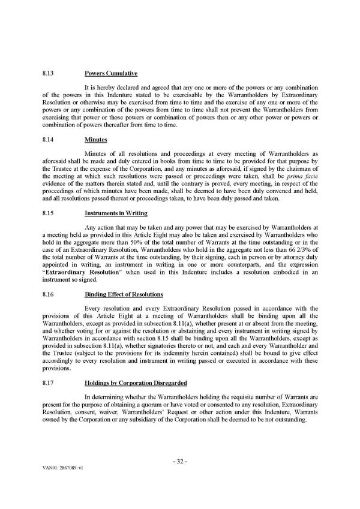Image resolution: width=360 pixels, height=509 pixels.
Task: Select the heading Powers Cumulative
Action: [x=112, y=74]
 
